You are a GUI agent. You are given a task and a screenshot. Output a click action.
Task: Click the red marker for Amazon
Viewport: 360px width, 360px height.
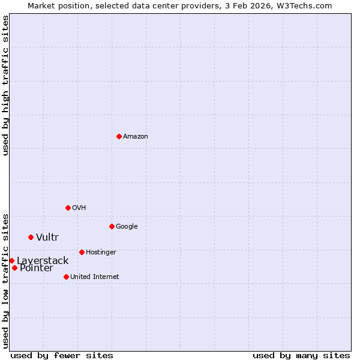coord(119,136)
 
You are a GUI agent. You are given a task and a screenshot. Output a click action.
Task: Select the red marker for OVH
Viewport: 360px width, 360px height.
coord(68,208)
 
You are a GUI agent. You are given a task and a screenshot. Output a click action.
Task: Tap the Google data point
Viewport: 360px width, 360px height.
coord(112,226)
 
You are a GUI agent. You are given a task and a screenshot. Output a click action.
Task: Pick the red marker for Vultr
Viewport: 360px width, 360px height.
coord(31,237)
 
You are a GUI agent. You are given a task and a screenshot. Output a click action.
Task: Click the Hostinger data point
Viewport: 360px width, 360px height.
coord(82,252)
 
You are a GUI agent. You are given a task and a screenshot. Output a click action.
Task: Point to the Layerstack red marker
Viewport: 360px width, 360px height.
coord(11,260)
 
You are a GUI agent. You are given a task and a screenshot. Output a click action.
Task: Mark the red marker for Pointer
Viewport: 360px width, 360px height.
coord(14,268)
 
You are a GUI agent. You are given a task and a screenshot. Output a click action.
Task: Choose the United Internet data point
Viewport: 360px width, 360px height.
coord(66,277)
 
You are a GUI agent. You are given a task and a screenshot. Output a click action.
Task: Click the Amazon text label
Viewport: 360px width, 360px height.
coord(136,137)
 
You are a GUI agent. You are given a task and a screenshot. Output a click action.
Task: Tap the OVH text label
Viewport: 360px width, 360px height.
coord(79,208)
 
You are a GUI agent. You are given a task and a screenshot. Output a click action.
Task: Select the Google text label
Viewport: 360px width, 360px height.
coord(127,227)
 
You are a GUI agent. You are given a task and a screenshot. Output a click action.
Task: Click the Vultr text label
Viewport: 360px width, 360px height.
coord(47,238)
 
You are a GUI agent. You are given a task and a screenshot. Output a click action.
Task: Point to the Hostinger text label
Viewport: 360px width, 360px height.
coord(101,253)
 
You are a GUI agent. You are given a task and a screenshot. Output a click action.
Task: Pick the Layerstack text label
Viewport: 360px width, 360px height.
coord(43,261)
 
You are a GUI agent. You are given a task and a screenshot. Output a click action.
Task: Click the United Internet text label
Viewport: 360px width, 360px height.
coord(95,277)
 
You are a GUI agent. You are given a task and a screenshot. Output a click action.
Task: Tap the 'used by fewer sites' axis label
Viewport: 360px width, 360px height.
coord(62,355)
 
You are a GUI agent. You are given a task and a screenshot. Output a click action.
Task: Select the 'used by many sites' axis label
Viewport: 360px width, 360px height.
coord(301,355)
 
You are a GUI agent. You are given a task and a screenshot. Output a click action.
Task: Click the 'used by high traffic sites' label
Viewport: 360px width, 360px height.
coord(6,85)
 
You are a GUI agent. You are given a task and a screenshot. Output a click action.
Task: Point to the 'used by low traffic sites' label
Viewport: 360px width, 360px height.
coord(6,280)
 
